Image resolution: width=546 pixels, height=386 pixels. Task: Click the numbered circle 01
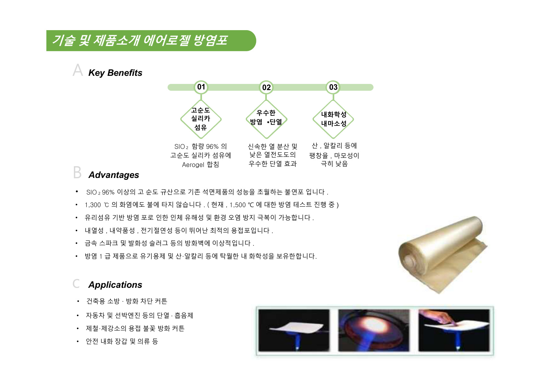tap(201, 87)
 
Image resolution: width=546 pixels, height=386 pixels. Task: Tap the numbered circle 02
tap(266, 87)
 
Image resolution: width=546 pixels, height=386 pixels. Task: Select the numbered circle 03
tap(333, 87)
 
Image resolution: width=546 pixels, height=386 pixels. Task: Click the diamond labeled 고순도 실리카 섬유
tap(201, 119)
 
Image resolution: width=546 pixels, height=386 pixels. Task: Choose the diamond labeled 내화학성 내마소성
tap(333, 119)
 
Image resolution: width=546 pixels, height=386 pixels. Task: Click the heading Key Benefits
tap(115, 73)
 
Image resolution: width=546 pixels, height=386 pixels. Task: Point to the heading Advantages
tap(113, 175)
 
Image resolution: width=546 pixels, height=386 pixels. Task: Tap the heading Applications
tap(115, 285)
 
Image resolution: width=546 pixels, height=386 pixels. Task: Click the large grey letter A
tap(78, 70)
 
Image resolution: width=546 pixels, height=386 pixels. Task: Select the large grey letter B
tap(77, 172)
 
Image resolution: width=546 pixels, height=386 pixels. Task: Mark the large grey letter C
tap(76, 284)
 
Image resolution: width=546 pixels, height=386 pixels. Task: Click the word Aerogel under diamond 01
tap(193, 165)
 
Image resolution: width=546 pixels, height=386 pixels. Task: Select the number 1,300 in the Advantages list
tap(93, 205)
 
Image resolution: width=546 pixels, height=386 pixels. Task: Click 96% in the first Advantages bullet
tap(108, 192)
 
